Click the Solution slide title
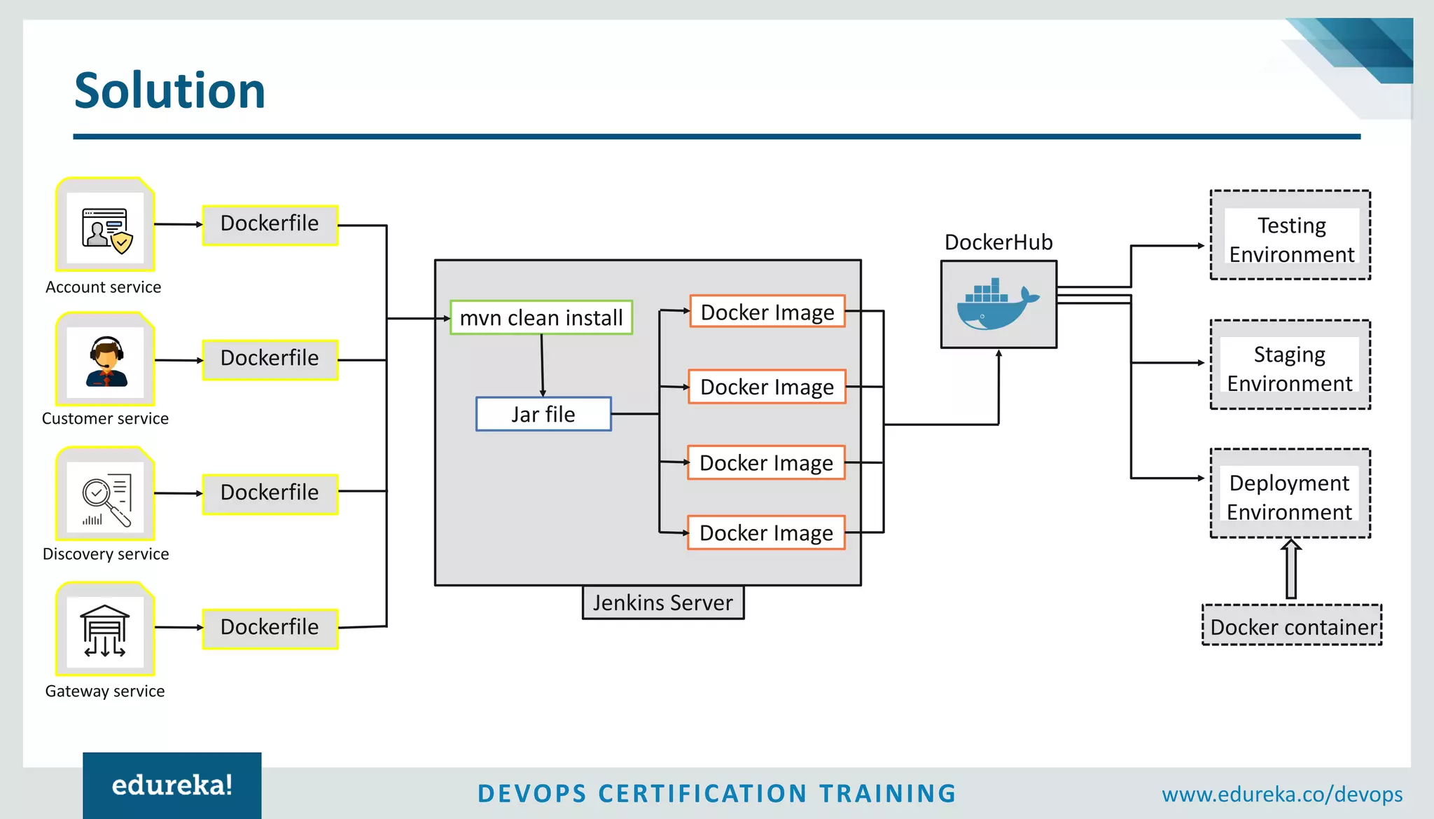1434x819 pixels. [169, 91]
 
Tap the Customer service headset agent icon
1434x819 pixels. [106, 362]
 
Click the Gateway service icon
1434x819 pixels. [106, 631]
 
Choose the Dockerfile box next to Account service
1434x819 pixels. [270, 224]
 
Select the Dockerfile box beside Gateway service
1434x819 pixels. [270, 628]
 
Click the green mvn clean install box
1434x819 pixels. [541, 317]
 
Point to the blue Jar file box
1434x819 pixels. [543, 414]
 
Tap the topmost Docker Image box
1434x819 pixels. [767, 312]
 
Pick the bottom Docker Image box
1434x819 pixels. [766, 533]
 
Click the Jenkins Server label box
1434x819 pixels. [663, 603]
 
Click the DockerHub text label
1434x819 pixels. [998, 242]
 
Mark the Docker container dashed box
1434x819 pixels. [1292, 626]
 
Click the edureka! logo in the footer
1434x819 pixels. [172, 785]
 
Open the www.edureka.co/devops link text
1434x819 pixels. [1282, 794]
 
